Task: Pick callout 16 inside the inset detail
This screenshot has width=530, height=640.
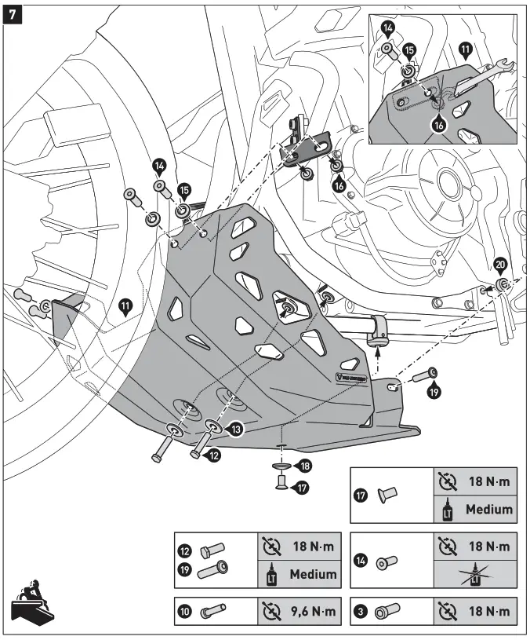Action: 437,123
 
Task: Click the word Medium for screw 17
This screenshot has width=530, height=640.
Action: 488,509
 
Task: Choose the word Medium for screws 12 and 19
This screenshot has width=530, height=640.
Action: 313,573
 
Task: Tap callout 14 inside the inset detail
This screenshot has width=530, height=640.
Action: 388,29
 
